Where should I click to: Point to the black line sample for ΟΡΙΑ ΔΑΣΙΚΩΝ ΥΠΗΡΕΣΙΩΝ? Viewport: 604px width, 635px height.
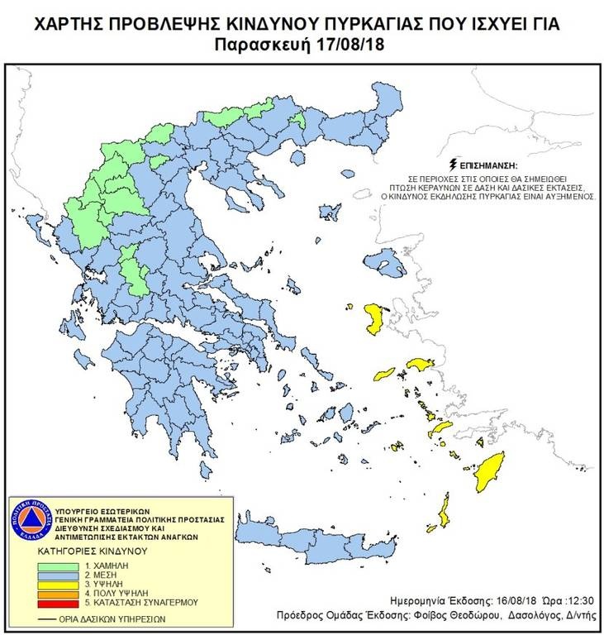49,618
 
